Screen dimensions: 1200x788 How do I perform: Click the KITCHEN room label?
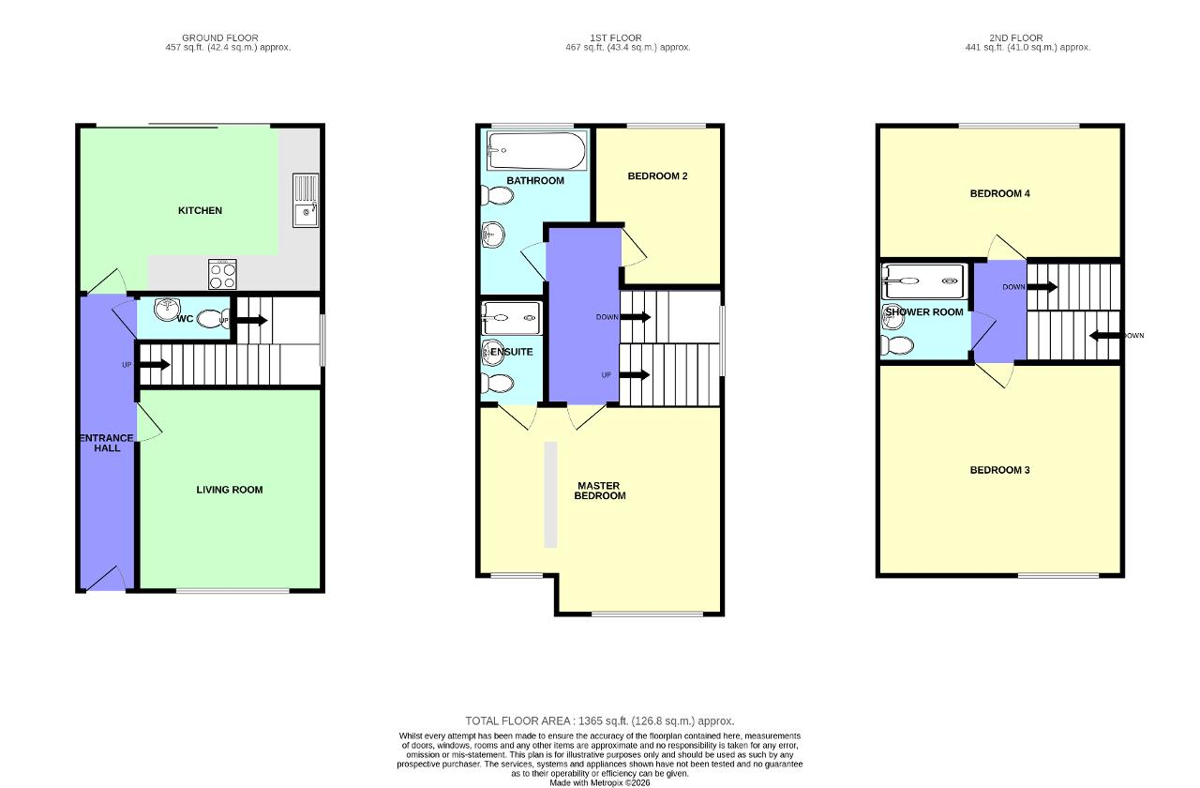200,211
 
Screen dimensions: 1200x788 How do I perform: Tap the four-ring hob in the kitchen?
222,274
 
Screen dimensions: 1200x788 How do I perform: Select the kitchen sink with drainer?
306,201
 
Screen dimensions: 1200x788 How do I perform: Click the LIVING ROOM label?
230,490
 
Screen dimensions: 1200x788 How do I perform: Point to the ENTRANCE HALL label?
107,443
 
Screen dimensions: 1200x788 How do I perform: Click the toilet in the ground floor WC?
213,319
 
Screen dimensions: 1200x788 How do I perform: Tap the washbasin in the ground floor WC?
167,310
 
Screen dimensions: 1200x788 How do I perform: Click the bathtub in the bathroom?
537,151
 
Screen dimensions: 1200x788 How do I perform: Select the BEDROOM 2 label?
657,175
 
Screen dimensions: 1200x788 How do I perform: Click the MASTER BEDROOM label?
599,491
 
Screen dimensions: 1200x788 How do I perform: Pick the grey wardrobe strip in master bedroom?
550,494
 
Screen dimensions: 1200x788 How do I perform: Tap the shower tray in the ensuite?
512,318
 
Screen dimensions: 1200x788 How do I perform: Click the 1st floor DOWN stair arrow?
636,317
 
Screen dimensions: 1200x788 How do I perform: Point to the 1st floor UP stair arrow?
635,374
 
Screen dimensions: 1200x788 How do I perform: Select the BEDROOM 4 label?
999,193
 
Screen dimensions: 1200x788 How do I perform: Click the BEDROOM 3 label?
999,470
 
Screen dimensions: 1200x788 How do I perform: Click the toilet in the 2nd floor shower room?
897,345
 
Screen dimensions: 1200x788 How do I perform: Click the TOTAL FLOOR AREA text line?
599,721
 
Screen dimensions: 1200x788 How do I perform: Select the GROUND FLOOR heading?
220,38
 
